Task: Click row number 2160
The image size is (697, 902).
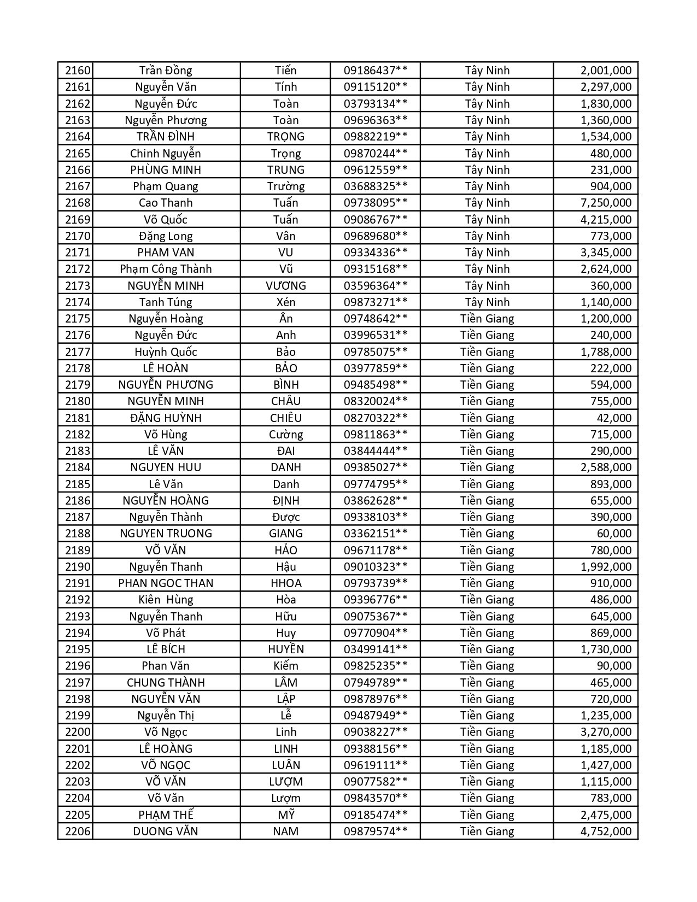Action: point(77,71)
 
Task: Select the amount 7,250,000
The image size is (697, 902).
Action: point(606,203)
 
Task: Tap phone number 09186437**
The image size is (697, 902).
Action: point(375,71)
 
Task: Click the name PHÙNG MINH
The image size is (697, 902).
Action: point(166,170)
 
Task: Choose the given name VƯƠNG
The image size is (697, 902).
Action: point(285,286)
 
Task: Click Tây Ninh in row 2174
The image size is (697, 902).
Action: point(487,302)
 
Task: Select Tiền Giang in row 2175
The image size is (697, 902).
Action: point(487,319)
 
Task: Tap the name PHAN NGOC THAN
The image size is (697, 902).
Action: point(166,583)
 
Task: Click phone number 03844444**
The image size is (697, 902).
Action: point(375,451)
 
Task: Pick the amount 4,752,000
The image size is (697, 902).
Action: point(606,831)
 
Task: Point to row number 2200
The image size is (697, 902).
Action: point(77,732)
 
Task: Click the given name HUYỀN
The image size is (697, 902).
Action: point(285,649)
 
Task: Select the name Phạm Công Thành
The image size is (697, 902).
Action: point(166,269)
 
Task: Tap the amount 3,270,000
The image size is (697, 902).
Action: point(606,732)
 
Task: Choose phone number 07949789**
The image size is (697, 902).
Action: point(375,683)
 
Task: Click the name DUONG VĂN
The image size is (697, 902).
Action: point(166,831)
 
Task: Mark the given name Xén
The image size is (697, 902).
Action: point(285,302)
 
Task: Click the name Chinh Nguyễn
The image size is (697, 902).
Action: point(166,154)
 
